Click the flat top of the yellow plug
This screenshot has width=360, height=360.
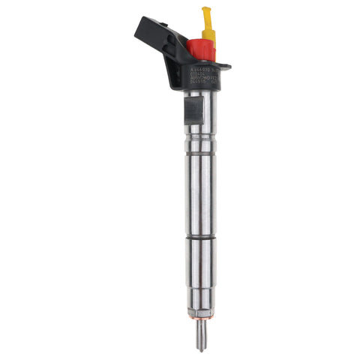(x=206, y=9)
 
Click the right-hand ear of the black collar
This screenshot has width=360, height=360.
(x=223, y=66)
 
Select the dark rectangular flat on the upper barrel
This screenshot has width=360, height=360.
(x=192, y=110)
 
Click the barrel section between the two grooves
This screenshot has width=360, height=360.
(x=196, y=187)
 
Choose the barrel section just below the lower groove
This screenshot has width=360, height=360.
(x=196, y=262)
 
